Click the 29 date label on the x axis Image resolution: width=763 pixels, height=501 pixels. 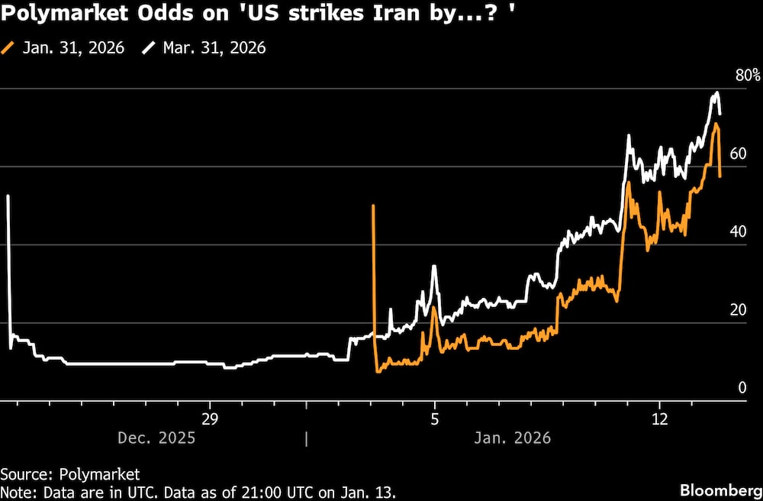(209, 419)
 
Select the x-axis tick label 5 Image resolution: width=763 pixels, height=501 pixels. (434, 419)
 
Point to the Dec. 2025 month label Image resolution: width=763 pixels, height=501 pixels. (156, 438)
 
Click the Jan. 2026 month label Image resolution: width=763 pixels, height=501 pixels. (513, 438)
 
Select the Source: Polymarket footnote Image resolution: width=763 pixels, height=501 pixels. (70, 474)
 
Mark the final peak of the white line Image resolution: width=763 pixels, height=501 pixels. (716, 93)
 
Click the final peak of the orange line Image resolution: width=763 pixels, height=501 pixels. (716, 123)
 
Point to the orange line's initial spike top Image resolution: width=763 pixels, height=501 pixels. (373, 205)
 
